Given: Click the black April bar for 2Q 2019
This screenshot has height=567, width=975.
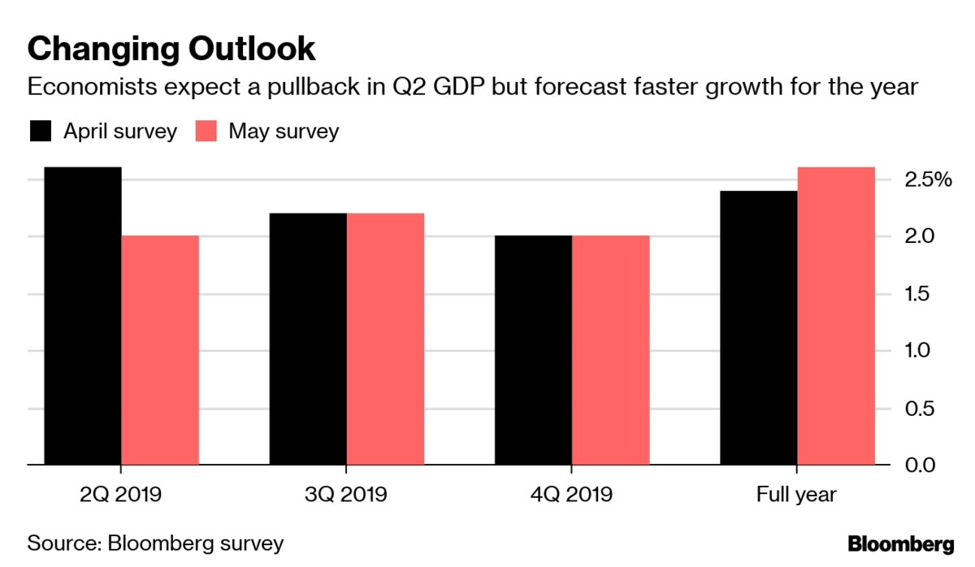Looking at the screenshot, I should tap(83, 316).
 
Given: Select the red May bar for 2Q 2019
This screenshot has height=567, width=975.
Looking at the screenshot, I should tap(160, 350).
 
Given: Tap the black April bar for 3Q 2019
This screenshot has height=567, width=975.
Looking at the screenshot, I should tap(308, 339).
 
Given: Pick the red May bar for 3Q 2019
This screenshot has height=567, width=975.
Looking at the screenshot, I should tap(385, 339).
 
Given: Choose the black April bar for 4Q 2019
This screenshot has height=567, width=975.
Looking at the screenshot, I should tap(534, 350).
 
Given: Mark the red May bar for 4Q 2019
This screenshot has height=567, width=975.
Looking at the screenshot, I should tap(611, 350).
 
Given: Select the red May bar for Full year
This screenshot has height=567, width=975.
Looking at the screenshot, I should tap(836, 316).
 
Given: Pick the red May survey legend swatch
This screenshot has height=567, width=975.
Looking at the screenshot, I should tap(206, 132).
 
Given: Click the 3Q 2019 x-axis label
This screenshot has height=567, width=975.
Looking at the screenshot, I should tap(347, 494).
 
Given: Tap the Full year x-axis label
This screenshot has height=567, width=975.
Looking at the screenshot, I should tap(797, 494).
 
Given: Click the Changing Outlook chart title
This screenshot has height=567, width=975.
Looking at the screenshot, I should tap(171, 49).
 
